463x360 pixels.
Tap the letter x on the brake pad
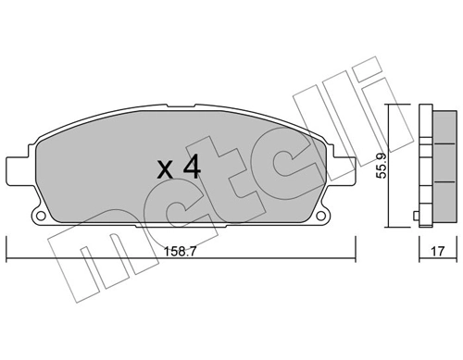tap(165, 170)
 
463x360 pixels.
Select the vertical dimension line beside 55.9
tap(389, 165)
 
